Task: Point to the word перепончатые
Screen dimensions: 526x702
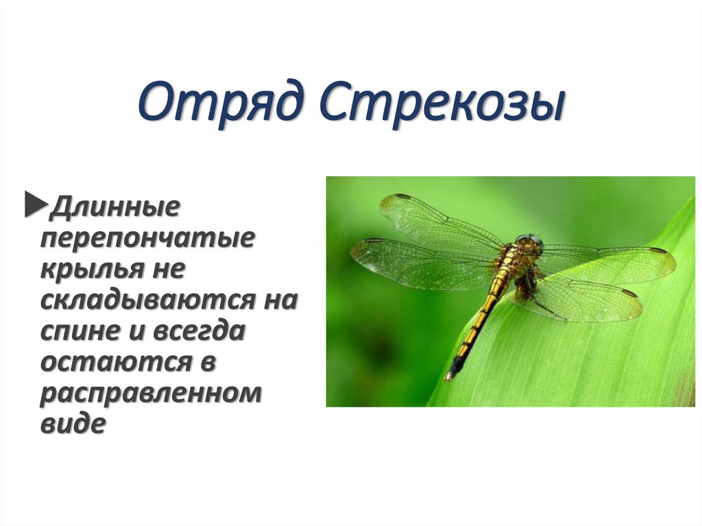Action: [147, 238]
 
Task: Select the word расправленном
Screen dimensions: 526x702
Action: [151, 394]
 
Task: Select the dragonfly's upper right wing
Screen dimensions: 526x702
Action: [610, 262]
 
